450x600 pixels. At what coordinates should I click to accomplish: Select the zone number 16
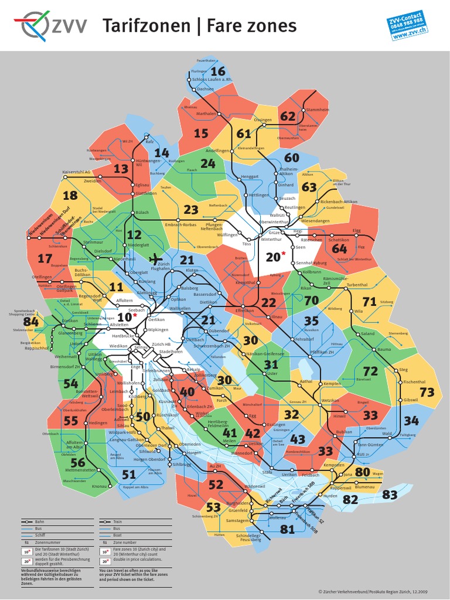point(217,71)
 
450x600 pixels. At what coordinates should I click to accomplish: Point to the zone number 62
point(288,116)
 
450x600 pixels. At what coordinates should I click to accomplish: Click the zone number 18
point(70,196)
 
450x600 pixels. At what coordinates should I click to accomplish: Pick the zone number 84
point(30,322)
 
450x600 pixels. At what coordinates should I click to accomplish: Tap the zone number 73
point(427,393)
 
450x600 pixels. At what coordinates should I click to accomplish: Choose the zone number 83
point(390,495)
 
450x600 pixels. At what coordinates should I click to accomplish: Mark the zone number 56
point(77,462)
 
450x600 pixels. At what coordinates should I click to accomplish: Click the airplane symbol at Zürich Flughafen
point(155,258)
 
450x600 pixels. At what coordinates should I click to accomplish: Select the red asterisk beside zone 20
point(284,253)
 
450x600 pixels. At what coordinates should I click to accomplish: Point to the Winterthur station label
point(271,240)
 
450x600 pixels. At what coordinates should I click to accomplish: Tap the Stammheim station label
point(317,110)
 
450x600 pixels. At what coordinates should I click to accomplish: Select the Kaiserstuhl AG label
point(76,172)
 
